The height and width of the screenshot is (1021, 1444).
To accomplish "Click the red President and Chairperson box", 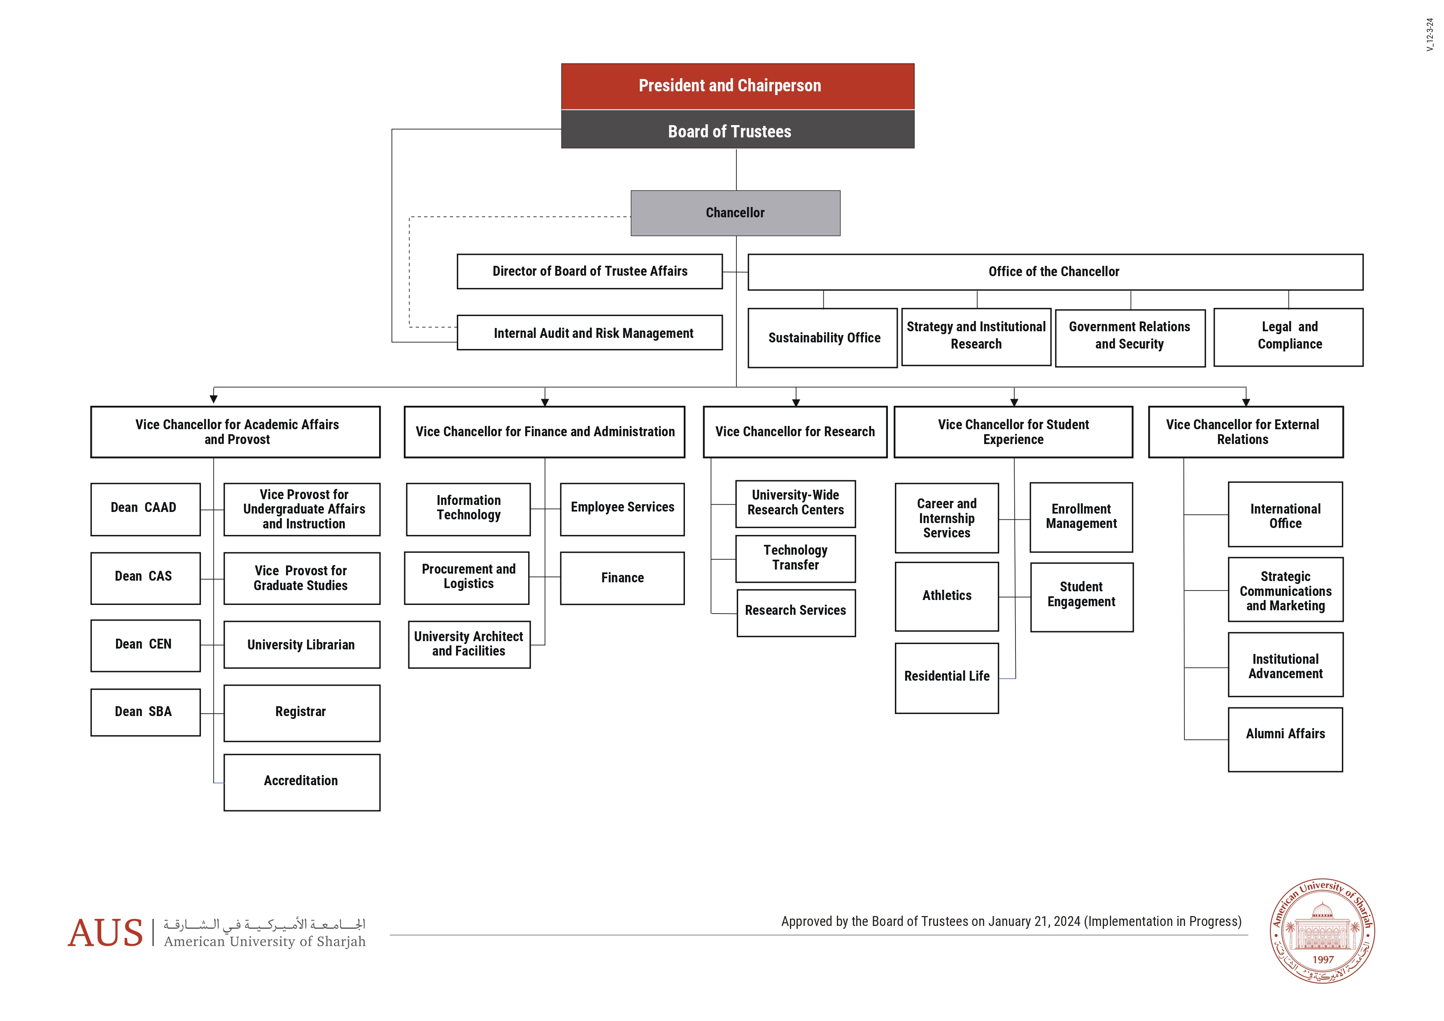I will coord(737,86).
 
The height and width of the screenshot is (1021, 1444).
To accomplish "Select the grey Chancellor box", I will coord(735,213).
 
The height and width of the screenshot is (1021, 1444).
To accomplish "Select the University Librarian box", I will coord(301,644).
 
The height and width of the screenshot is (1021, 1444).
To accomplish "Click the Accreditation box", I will coord(301,781).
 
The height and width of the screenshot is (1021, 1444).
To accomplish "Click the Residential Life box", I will coord(946,677).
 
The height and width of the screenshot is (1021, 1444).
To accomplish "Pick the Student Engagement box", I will coord(1081,596).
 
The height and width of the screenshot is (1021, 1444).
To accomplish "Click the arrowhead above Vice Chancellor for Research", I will coord(796,402).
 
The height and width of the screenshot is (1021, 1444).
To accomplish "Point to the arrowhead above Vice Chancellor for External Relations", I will coord(1245,402).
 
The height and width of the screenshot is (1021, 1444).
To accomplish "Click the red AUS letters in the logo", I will coord(106,933).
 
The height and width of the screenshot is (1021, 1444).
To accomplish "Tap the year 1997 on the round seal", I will coord(1323,959).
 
